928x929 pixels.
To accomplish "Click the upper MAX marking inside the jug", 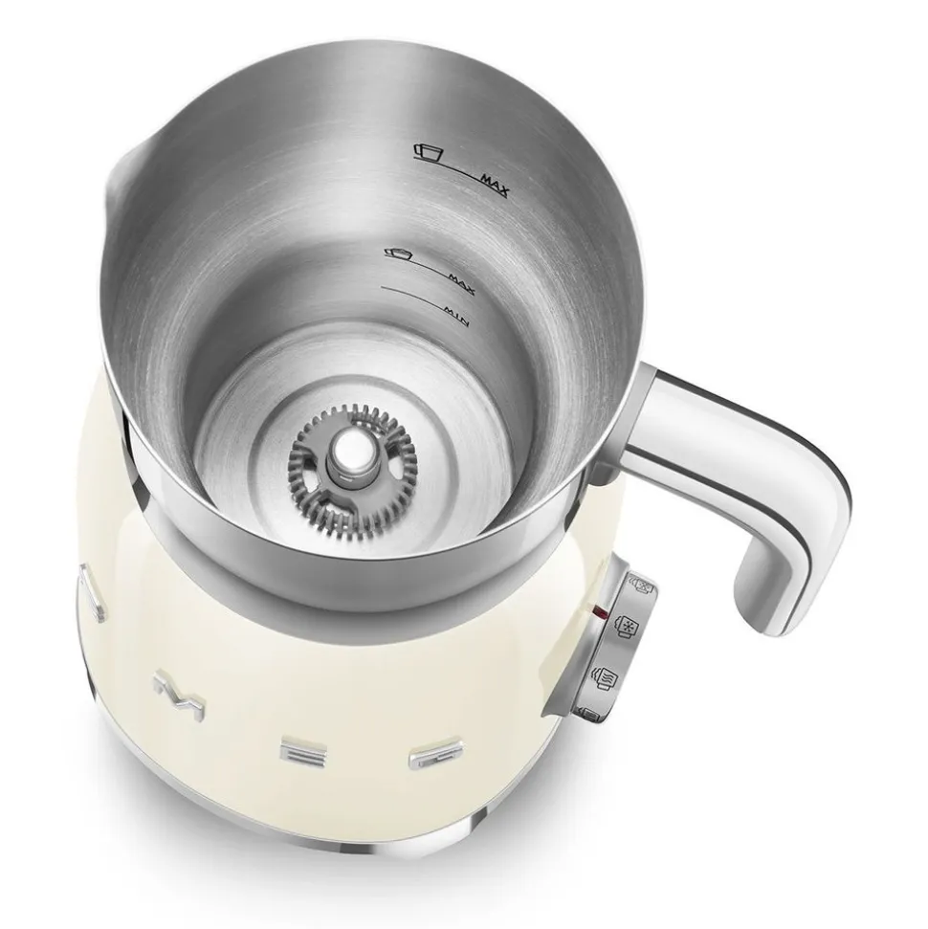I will (x=495, y=182).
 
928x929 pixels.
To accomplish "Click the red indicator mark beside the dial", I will (x=600, y=609).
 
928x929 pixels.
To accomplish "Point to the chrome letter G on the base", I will (x=424, y=756).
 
